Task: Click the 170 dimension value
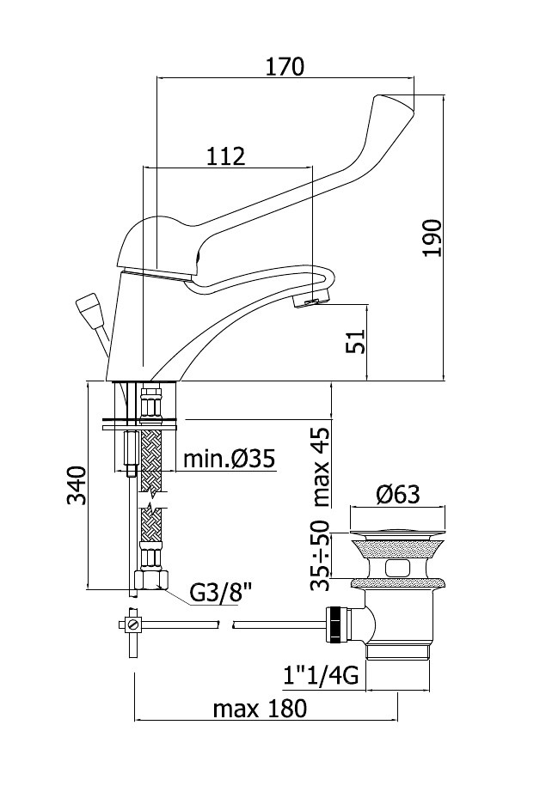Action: pos(285,67)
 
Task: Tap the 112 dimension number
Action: pos(225,156)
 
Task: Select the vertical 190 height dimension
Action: pos(433,238)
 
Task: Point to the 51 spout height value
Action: pos(355,342)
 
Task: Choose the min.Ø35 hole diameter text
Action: pos(229,460)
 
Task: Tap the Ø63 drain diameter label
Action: pos(398,495)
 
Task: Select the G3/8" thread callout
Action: pos(221,594)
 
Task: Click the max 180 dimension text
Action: pos(260,709)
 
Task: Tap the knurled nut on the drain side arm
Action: pos(334,624)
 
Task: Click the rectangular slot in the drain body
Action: pos(397,569)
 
